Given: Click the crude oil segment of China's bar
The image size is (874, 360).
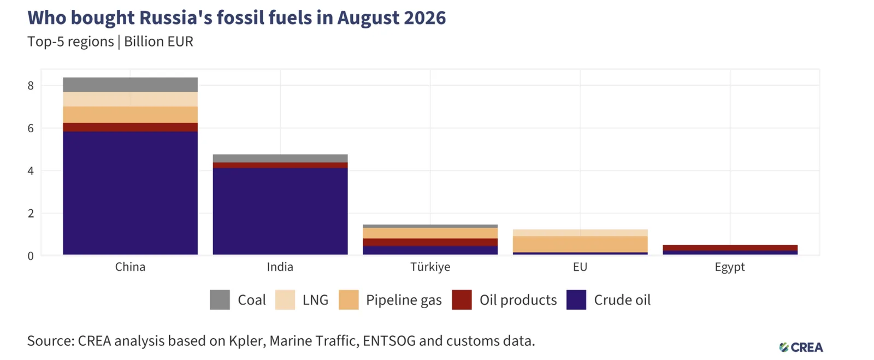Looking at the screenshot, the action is (131, 193).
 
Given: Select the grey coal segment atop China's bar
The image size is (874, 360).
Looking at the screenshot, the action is (131, 85).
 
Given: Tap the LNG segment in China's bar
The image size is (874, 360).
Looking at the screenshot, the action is (131, 99).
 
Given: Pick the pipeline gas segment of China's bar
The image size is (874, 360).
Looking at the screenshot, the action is (131, 115).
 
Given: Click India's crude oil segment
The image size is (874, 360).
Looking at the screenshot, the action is (280, 211).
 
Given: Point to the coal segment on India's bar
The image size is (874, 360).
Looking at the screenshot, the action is (280, 158).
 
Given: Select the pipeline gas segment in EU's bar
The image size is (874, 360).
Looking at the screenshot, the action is (580, 244).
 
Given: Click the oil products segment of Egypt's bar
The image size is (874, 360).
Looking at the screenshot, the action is (730, 247).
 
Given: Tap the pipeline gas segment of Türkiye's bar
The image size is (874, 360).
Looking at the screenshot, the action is (430, 233).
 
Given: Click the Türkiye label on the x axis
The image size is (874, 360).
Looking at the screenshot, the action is (430, 267).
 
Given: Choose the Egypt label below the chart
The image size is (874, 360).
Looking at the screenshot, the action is (730, 268).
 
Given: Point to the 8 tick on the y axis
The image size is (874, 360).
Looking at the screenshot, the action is (31, 86).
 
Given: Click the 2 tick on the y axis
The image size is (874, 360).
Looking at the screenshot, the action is (31, 214).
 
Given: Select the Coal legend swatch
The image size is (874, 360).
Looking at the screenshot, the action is (220, 299).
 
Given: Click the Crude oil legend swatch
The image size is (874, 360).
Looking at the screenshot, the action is (576, 299).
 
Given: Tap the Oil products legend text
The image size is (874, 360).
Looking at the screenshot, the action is (518, 300).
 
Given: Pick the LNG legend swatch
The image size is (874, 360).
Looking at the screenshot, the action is (285, 299).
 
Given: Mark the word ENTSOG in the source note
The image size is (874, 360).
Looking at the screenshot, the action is (389, 341).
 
